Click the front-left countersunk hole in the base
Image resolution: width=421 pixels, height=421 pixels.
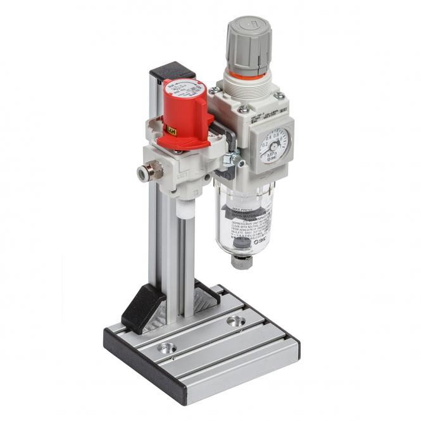point(167,348)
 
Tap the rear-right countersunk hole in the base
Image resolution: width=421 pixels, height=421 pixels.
point(236,322)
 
